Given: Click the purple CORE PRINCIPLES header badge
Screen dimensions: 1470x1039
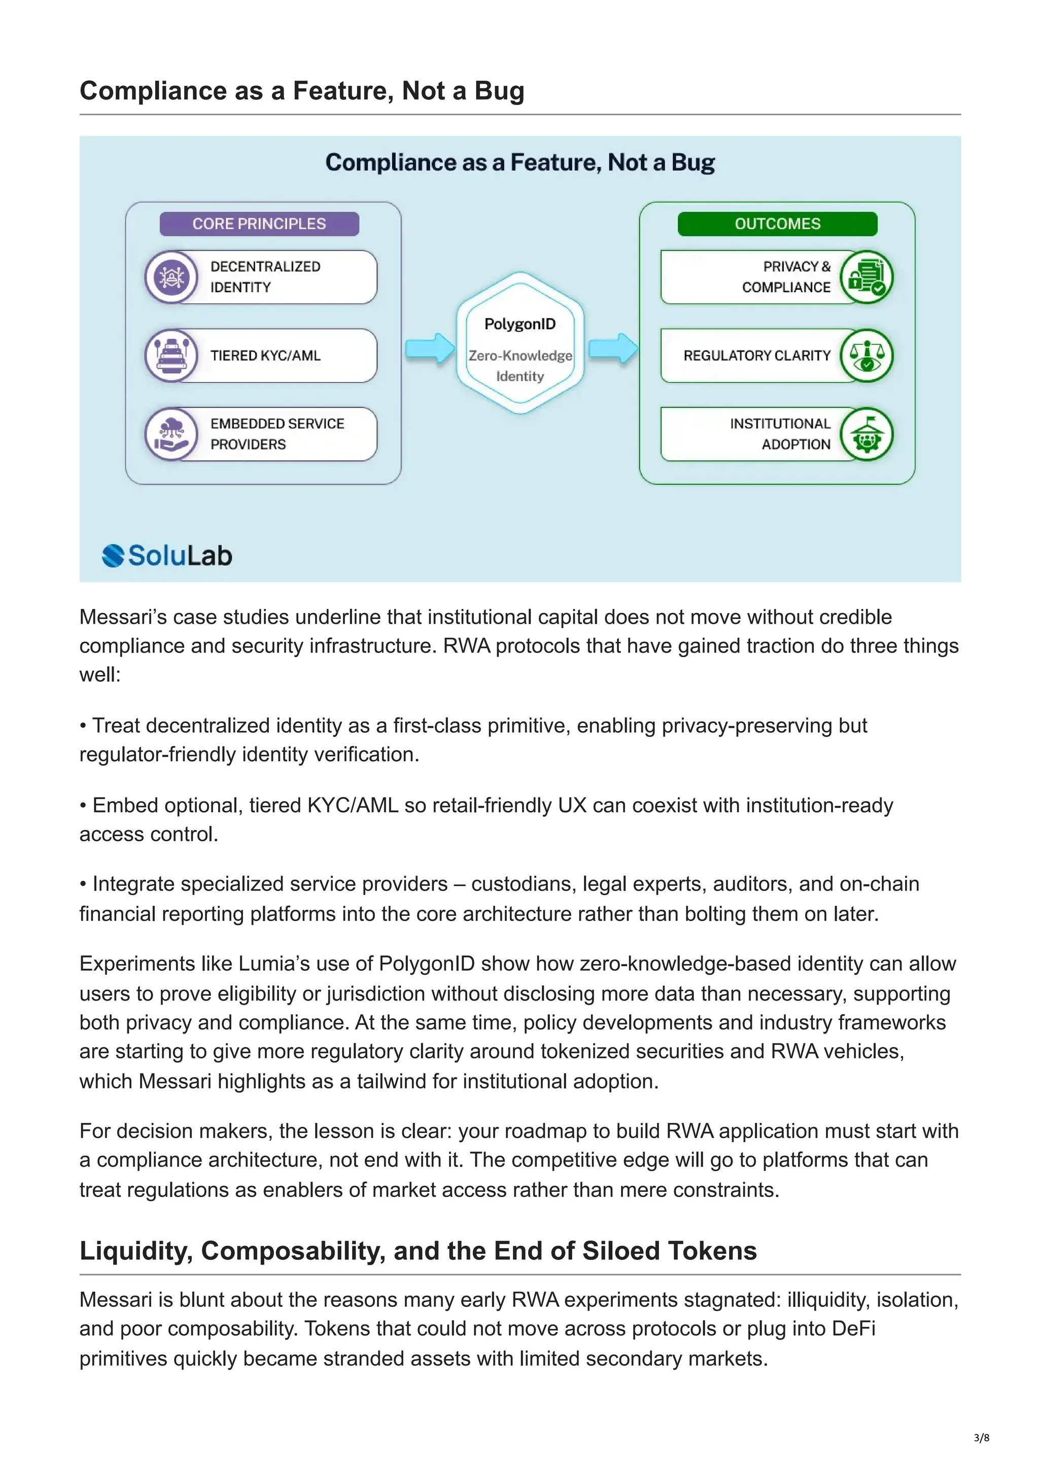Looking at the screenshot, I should (x=259, y=223).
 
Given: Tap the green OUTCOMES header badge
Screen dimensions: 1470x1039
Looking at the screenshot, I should (x=777, y=223).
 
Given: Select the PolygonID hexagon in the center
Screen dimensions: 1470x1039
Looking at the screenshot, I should (x=520, y=343).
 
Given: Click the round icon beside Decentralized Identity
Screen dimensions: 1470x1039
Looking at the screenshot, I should (x=171, y=277).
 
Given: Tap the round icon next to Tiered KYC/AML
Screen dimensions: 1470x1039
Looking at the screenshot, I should (x=171, y=355).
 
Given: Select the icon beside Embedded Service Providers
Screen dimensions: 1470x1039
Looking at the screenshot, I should (x=171, y=434).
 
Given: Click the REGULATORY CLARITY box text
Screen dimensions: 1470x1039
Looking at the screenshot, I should (x=757, y=355).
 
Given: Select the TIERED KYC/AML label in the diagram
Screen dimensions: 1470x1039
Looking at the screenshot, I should (x=265, y=355).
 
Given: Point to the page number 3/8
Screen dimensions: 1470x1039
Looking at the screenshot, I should (x=981, y=1438).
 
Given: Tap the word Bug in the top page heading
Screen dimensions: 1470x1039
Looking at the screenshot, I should (x=499, y=91).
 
